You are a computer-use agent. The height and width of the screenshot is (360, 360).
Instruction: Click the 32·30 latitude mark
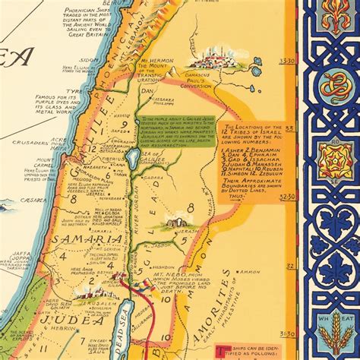(x=287, y=196)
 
